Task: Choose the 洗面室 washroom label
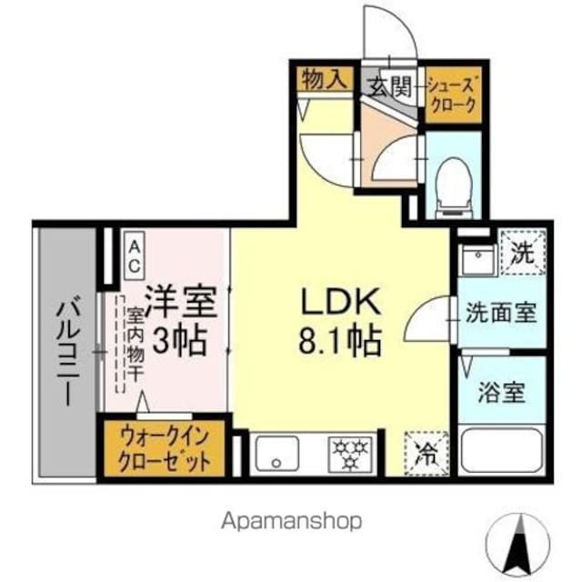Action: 500,314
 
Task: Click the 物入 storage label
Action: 325,78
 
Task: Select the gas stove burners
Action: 350,451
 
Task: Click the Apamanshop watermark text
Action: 291,521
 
